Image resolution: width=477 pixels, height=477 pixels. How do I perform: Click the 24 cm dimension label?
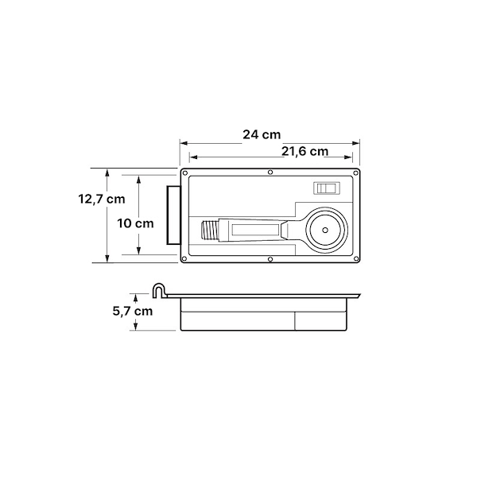(262, 134)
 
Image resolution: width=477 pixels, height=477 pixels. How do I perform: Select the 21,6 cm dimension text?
(304, 151)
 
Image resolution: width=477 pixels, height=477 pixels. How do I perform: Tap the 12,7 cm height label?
(102, 200)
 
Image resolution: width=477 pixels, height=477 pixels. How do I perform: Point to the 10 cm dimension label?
(135, 223)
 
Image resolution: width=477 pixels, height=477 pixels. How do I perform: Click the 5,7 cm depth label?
(133, 311)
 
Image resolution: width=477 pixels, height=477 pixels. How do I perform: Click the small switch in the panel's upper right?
(327, 188)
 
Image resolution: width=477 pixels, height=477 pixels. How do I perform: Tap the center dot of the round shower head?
(325, 230)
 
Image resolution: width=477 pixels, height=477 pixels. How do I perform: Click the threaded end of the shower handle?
(210, 230)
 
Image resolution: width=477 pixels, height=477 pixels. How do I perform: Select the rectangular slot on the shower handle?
(255, 230)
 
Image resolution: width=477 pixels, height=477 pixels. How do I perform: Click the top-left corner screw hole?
(184, 173)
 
